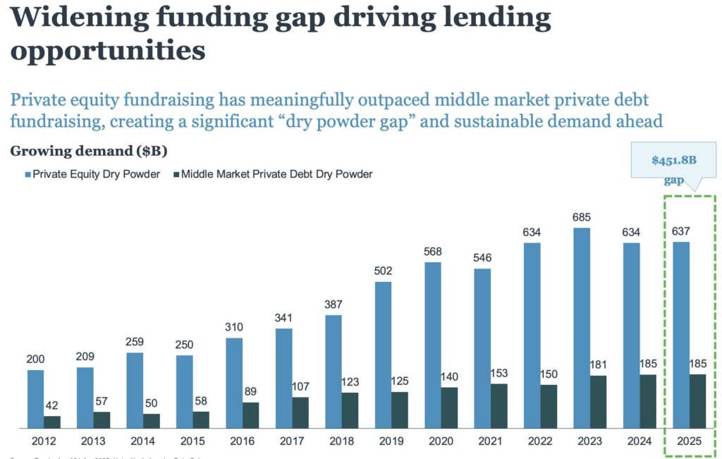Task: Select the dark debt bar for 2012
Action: (x=52, y=422)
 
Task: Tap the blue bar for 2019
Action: (x=383, y=355)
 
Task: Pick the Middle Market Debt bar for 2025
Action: (x=697, y=400)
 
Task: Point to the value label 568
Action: (x=432, y=252)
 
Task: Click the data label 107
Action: (x=300, y=386)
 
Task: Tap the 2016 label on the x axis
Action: (x=241, y=441)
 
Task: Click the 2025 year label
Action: (x=689, y=441)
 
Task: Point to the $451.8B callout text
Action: (x=673, y=160)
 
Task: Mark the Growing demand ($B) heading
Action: (x=88, y=151)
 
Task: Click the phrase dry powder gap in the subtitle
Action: (x=352, y=121)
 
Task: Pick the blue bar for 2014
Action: (x=135, y=390)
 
